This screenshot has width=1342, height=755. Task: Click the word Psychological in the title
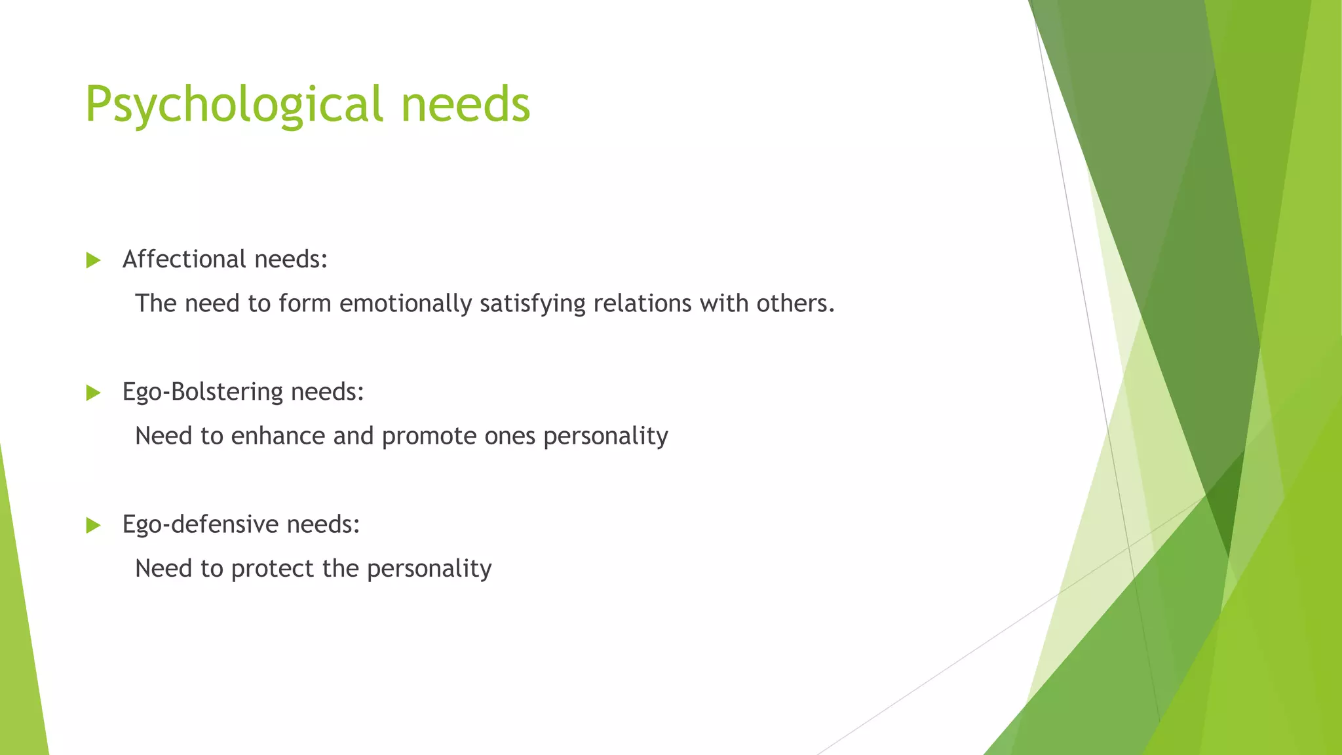tap(233, 105)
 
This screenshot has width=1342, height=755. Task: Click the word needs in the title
tap(465, 105)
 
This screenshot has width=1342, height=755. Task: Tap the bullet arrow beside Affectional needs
tap(93, 261)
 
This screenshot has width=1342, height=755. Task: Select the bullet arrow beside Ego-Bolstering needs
tap(93, 393)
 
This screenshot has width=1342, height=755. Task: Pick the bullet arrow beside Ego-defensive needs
tap(93, 526)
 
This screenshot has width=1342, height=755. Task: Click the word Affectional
tap(184, 260)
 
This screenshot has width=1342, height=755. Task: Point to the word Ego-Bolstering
tap(202, 393)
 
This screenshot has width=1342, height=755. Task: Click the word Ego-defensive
tap(201, 524)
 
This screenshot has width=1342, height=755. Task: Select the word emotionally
tap(406, 303)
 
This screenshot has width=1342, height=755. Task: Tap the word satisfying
tap(532, 303)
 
